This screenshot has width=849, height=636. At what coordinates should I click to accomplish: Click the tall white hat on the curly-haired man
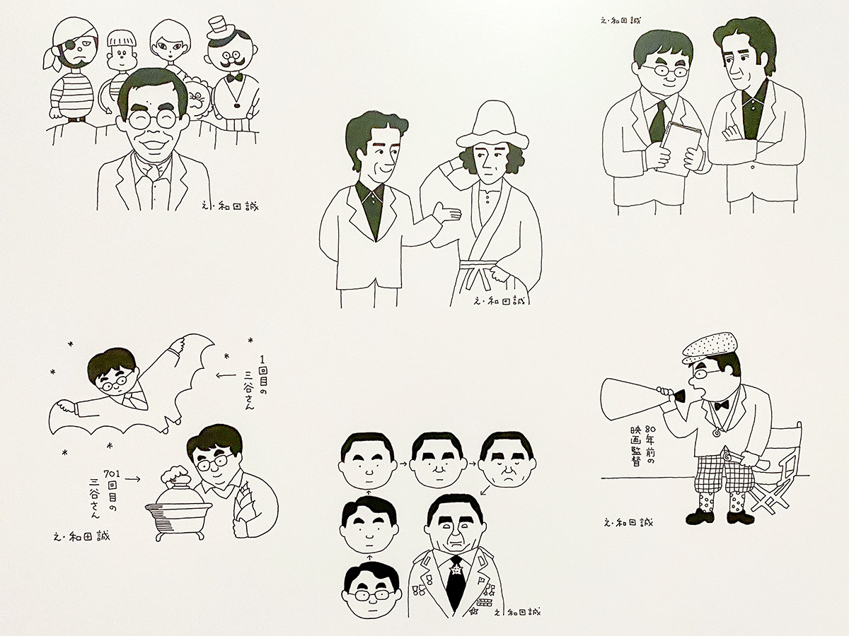tap(492, 124)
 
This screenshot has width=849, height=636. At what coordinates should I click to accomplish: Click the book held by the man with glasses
tap(680, 148)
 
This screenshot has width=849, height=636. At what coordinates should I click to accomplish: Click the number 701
tap(112, 473)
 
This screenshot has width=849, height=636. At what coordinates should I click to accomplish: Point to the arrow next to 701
tap(133, 479)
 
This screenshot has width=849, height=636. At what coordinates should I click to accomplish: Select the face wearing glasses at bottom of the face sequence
tap(371, 593)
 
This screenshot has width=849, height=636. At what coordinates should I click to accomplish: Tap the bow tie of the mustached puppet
tap(235, 77)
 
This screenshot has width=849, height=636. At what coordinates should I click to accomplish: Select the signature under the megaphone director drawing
tap(628, 523)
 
